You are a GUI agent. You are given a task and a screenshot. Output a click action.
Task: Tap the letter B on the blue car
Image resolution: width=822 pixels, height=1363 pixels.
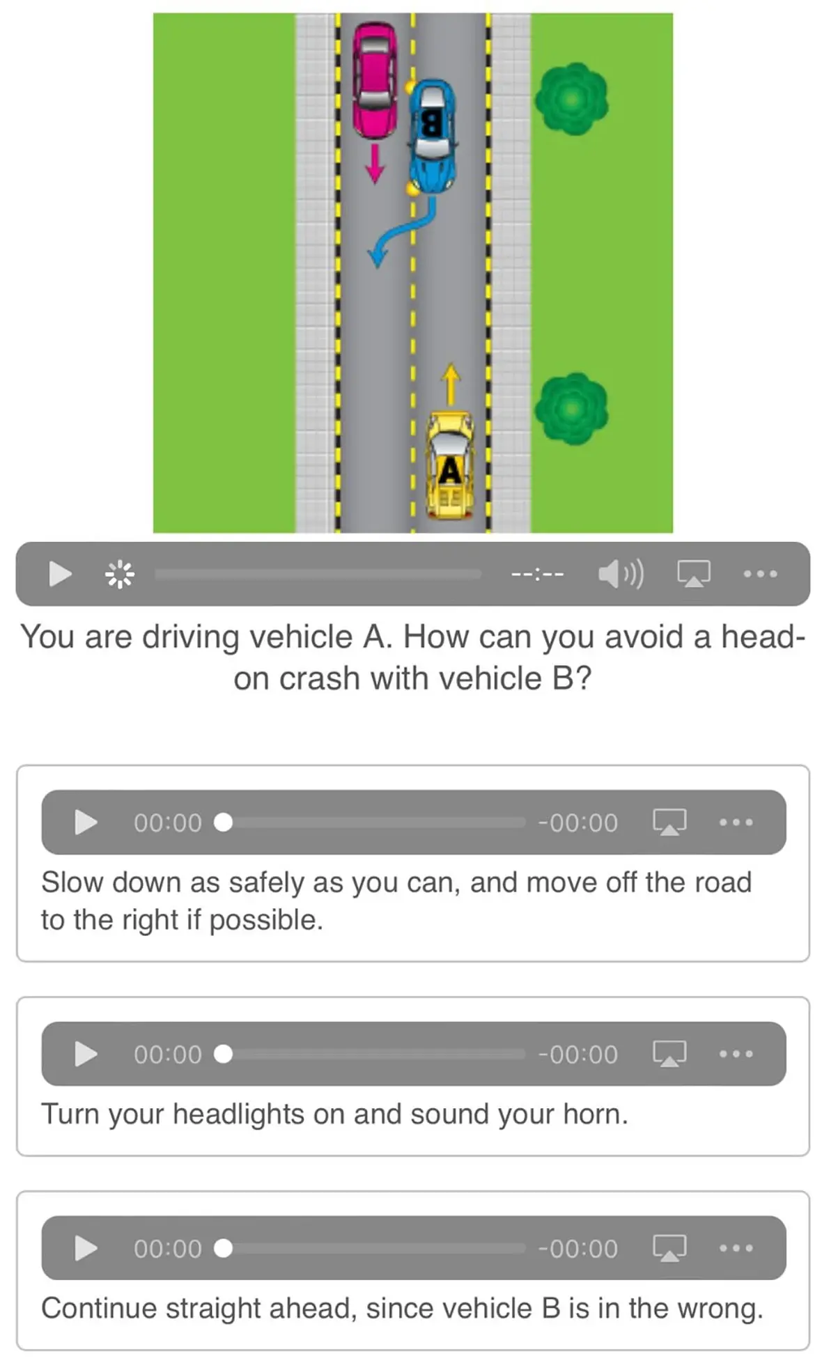[431, 125]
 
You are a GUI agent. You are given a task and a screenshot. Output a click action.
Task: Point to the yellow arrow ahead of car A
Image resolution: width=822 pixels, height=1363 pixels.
[451, 384]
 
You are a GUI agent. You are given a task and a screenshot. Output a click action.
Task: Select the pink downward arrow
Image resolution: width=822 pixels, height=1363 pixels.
[375, 164]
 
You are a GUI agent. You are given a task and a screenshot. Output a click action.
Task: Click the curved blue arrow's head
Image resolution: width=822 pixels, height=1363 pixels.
[377, 256]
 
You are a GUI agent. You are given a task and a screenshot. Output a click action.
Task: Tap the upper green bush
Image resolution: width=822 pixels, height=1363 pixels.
[571, 99]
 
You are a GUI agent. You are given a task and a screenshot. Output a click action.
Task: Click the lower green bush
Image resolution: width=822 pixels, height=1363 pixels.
[571, 408]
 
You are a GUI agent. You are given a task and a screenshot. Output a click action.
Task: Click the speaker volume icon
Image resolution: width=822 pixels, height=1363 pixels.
[620, 574]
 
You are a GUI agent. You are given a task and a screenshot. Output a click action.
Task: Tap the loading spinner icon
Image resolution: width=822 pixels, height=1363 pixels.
[120, 574]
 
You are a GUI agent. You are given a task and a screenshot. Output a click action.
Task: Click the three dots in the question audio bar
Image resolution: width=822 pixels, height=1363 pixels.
[759, 574]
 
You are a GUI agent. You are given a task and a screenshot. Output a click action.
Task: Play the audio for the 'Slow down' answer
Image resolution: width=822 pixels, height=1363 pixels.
[85, 823]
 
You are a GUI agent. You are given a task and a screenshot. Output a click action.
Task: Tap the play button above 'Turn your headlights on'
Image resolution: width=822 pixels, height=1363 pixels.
[85, 1054]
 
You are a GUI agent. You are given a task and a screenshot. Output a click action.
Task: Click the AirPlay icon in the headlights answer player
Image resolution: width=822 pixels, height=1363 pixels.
[669, 1054]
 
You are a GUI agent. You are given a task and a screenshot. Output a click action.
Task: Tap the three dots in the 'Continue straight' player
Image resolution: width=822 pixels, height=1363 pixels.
[736, 1248]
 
